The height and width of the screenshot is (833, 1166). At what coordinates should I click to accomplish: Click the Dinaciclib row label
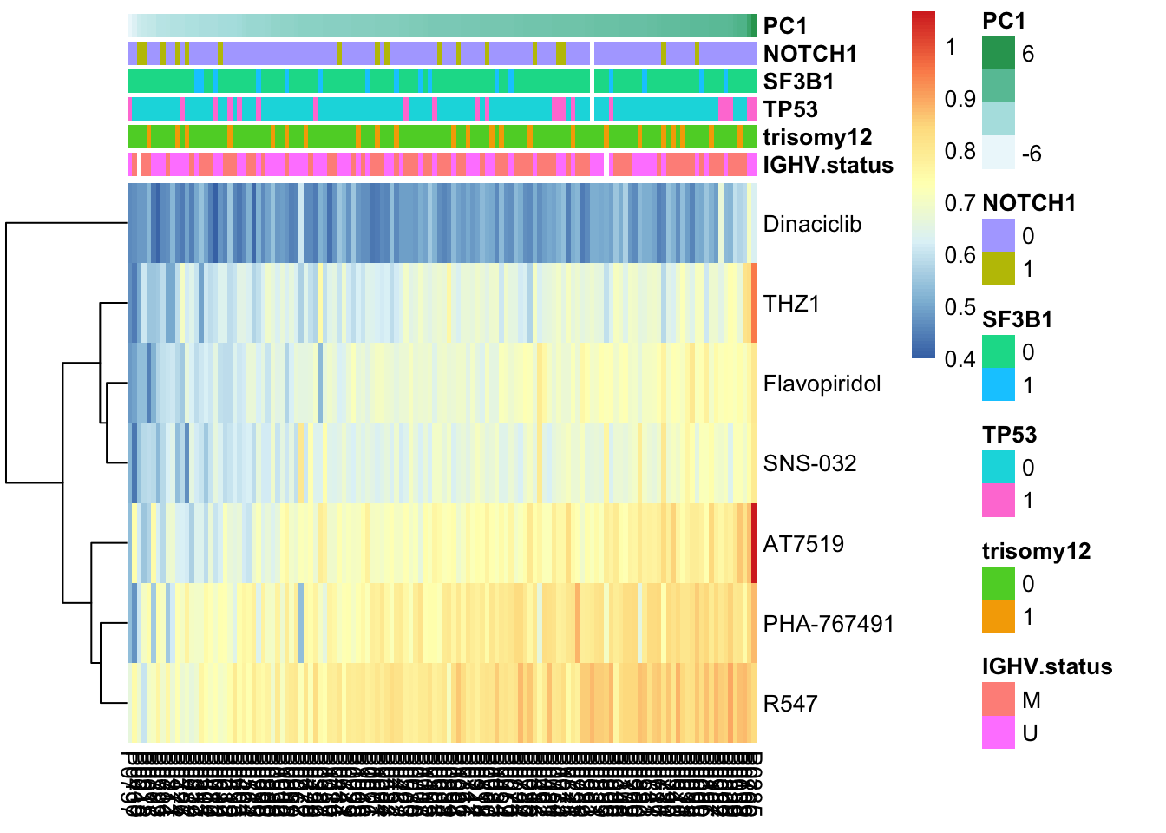click(812, 224)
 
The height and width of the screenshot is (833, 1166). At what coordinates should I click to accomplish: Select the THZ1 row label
click(791, 304)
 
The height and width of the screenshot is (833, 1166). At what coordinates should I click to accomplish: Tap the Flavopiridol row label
click(822, 384)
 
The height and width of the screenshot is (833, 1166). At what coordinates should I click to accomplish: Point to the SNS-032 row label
click(809, 463)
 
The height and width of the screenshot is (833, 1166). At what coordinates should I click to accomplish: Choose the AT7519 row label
click(803, 544)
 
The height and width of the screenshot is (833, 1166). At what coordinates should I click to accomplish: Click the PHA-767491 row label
click(828, 624)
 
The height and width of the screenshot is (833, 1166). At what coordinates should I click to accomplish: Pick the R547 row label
click(790, 704)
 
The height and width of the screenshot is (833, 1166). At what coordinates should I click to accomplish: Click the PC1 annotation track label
click(784, 26)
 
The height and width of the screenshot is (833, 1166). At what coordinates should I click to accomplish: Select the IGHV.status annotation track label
click(828, 165)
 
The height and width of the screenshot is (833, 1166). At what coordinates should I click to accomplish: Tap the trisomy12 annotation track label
click(817, 137)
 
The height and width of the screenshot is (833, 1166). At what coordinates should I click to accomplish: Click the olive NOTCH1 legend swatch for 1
click(998, 269)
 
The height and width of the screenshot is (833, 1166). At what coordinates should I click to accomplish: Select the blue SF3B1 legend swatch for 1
click(998, 385)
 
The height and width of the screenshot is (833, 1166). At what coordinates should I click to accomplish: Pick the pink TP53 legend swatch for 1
click(998, 501)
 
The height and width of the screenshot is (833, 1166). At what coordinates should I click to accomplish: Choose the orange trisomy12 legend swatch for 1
click(998, 617)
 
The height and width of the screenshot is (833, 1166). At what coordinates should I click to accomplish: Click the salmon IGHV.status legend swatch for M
click(998, 699)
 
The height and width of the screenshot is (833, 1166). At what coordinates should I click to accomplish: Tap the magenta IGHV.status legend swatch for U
click(998, 733)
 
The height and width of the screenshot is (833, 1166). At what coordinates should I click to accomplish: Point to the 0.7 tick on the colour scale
click(960, 203)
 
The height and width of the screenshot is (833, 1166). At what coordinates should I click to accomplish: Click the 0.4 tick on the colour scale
click(960, 358)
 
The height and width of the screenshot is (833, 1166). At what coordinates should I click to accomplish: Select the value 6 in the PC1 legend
click(1028, 54)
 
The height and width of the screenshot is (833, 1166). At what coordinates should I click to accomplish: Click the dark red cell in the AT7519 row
click(754, 543)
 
